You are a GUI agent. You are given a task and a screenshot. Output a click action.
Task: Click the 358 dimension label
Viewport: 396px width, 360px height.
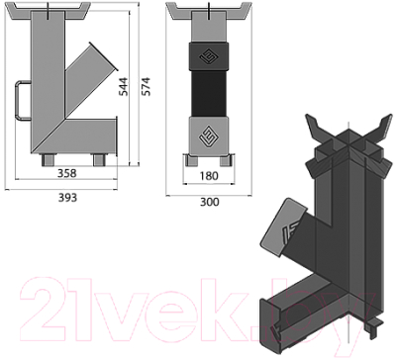coord(66,173)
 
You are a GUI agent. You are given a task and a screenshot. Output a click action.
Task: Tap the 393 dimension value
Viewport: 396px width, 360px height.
coord(67,198)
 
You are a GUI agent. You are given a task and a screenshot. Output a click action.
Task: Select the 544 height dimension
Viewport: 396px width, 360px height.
coord(123,87)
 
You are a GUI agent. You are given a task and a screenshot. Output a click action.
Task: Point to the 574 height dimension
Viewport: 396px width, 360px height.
coord(146,86)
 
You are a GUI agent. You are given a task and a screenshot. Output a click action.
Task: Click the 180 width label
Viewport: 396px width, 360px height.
coord(209,176)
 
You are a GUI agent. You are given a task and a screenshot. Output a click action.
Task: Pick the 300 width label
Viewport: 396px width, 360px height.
coord(210,202)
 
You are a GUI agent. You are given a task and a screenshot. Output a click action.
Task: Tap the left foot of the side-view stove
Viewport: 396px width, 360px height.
coord(48,159)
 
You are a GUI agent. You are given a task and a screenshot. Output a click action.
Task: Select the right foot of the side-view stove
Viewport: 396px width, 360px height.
coord(100,159)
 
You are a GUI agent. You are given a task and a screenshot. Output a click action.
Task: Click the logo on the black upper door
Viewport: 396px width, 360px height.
coord(209,57)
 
